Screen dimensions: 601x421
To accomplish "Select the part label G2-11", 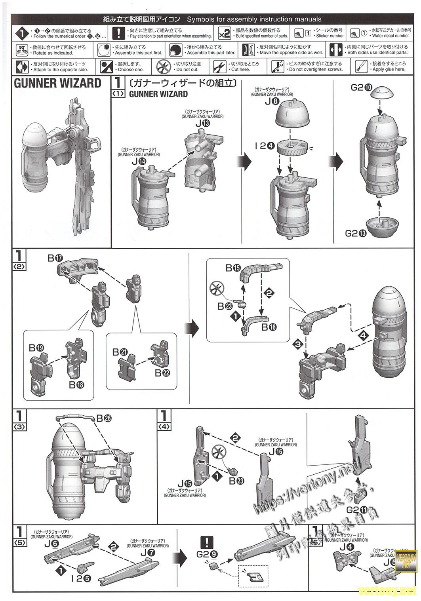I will (x=356, y=509).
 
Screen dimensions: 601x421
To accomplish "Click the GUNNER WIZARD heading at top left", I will (x=58, y=84).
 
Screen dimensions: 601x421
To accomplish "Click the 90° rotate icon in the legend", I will (x=22, y=50).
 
